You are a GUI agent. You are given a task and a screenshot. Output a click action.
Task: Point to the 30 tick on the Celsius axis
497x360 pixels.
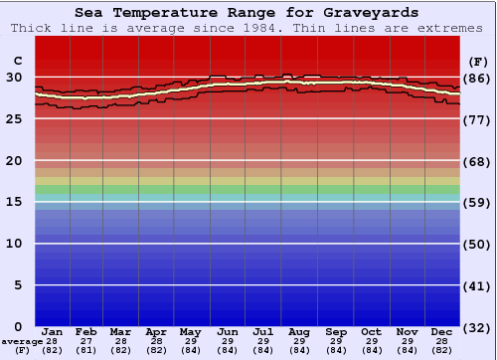pyautogui.click(x=15, y=77)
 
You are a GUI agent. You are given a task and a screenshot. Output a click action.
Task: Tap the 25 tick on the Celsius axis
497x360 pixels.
pyautogui.click(x=15, y=118)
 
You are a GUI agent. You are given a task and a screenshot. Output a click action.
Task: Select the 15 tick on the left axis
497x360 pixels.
pyautogui.click(x=15, y=202)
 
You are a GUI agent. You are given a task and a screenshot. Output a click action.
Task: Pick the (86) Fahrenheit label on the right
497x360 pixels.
pyautogui.click(x=478, y=78)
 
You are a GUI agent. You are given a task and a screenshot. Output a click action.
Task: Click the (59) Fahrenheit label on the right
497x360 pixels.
pyautogui.click(x=478, y=203)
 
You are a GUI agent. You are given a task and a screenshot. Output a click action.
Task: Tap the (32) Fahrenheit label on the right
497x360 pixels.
pyautogui.click(x=478, y=327)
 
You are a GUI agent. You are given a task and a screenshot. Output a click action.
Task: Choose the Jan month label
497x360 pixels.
pyautogui.click(x=53, y=331)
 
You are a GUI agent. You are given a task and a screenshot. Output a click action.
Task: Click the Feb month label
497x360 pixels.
pyautogui.click(x=87, y=331)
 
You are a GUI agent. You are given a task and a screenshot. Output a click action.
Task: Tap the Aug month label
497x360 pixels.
pyautogui.click(x=300, y=331)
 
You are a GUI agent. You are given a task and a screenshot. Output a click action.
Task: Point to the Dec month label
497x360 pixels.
pyautogui.click(x=442, y=331)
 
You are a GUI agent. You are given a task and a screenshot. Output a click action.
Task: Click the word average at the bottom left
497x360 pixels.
pyautogui.click(x=22, y=341)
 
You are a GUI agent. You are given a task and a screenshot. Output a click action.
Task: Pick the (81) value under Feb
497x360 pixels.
pyautogui.click(x=87, y=350)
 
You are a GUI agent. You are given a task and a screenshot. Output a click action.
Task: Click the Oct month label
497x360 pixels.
pyautogui.click(x=372, y=331)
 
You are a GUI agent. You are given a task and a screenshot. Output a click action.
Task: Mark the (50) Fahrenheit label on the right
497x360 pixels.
pyautogui.click(x=478, y=245)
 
